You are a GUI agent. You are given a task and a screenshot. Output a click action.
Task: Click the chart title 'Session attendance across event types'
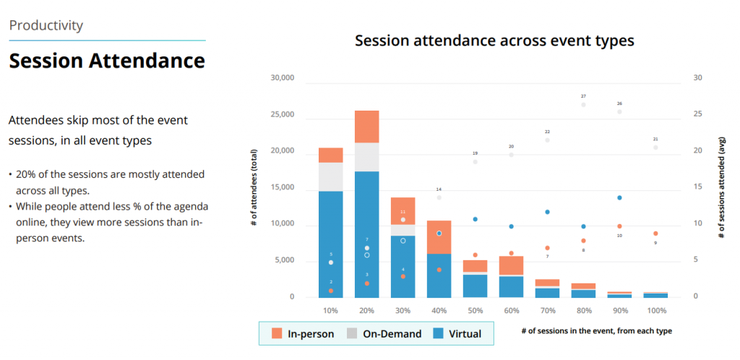494,40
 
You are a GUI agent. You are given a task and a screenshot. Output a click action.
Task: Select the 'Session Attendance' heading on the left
107,61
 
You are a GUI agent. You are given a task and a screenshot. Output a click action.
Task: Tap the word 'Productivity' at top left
46,25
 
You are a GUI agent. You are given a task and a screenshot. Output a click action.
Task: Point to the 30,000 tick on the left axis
282,78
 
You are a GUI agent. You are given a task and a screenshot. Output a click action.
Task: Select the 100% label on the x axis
656,310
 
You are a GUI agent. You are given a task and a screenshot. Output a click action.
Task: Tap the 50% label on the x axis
475,310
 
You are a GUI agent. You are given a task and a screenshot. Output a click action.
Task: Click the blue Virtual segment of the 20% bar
366,231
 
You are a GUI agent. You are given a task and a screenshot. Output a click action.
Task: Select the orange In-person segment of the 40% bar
439,237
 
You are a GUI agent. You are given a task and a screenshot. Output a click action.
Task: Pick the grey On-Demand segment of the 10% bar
330,176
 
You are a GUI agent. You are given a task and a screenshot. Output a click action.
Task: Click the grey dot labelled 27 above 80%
583,105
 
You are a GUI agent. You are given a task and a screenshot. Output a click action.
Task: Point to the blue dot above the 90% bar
619,197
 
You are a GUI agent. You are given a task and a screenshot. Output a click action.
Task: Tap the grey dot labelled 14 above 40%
439,197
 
